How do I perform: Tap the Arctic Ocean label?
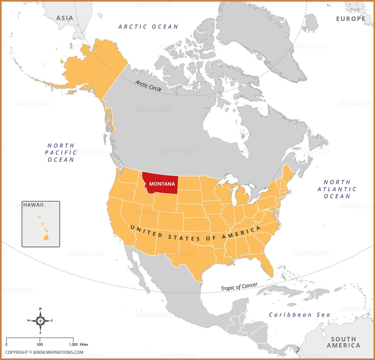coord(148,26)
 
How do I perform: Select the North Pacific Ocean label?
coord(61,152)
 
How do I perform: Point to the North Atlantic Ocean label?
coord(337,189)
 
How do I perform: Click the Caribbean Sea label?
coord(299,315)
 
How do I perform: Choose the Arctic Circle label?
coord(148,85)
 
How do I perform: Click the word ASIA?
coord(65,18)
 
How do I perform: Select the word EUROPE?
coord(351,19)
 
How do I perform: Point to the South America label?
coord(343,342)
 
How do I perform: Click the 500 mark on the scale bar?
coord(40,344)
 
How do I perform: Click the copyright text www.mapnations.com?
coord(44,352)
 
